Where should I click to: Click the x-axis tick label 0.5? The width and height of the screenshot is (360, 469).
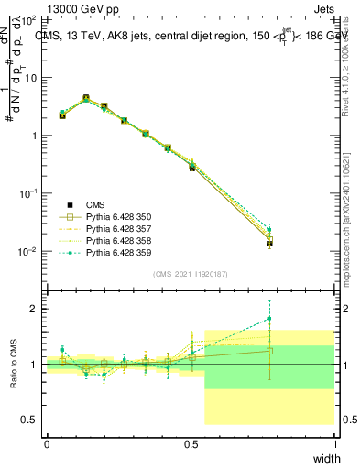(191, 443)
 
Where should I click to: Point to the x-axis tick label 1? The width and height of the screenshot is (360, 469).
(334, 443)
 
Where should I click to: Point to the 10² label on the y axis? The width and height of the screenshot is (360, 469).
(30, 20)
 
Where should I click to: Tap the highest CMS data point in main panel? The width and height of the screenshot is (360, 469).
(86, 98)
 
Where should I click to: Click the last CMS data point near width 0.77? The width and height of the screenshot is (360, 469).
(269, 243)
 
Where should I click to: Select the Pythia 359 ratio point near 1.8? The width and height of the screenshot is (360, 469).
(269, 319)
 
